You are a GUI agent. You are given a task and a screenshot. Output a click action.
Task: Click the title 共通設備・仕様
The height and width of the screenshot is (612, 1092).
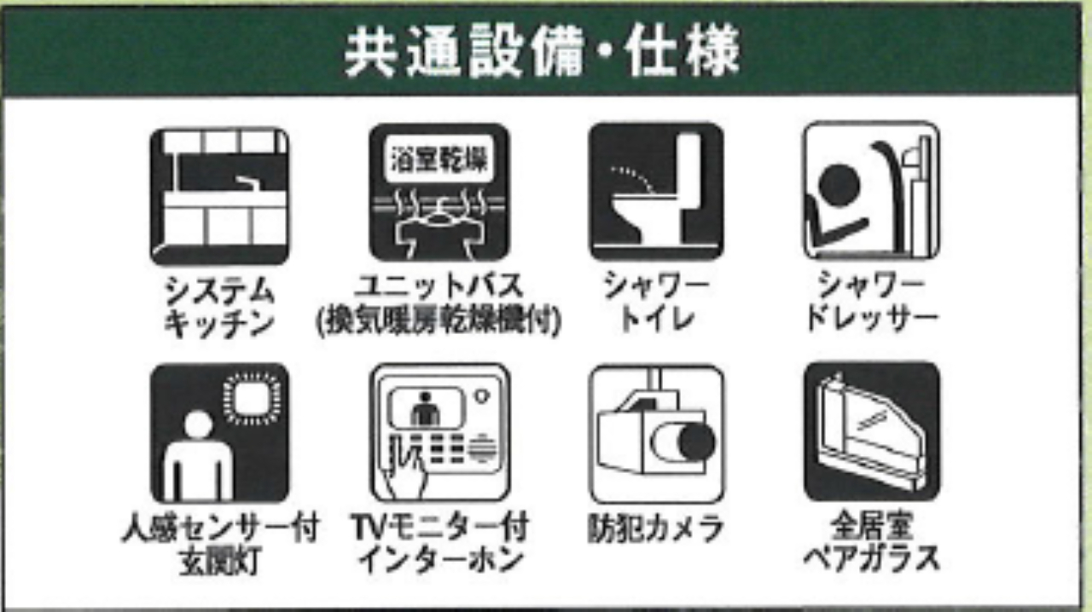[x=542, y=50]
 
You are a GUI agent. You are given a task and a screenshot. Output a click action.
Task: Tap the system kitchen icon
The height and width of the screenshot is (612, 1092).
[x=219, y=196]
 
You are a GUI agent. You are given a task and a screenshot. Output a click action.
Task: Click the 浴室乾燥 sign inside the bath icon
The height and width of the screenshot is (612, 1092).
[x=439, y=159]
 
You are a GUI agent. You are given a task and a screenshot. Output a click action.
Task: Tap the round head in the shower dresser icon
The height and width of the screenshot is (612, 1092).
[x=839, y=185]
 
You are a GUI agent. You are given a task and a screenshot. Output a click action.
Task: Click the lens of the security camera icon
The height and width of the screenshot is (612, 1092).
[x=697, y=442]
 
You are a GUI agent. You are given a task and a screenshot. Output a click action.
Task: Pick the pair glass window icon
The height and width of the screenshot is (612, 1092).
[x=872, y=433]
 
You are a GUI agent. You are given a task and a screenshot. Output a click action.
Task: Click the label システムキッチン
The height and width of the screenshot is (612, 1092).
[x=219, y=306]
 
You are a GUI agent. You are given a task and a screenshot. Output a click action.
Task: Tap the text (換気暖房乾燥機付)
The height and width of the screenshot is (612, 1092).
[x=439, y=321]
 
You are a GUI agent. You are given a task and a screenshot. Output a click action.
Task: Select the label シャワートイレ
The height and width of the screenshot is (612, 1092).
[x=656, y=302]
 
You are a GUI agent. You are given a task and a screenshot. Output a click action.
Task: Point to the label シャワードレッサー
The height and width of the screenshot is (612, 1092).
[x=872, y=302]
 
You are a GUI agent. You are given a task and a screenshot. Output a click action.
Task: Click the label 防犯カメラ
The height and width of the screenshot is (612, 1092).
[x=656, y=528]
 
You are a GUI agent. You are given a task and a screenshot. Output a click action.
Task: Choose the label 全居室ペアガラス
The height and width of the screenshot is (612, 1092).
[x=872, y=542]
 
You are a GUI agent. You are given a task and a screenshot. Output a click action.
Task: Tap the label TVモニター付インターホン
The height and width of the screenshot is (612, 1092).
[x=439, y=543]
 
